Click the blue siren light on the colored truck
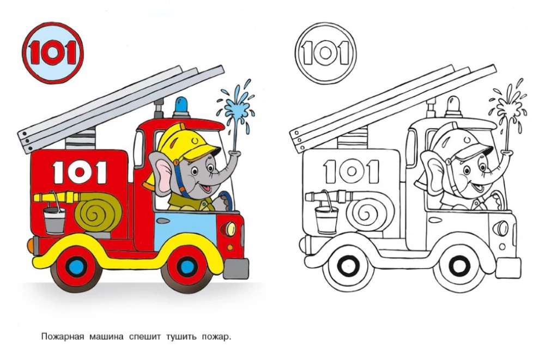(x=182, y=106)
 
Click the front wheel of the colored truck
(x=186, y=266)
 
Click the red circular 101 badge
(x=53, y=53)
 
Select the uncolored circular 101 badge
(x=325, y=53)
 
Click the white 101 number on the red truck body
(x=80, y=172)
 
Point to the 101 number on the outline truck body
(x=352, y=171)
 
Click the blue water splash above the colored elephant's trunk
(x=236, y=108)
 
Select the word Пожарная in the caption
(x=63, y=337)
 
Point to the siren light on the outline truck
(x=454, y=106)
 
